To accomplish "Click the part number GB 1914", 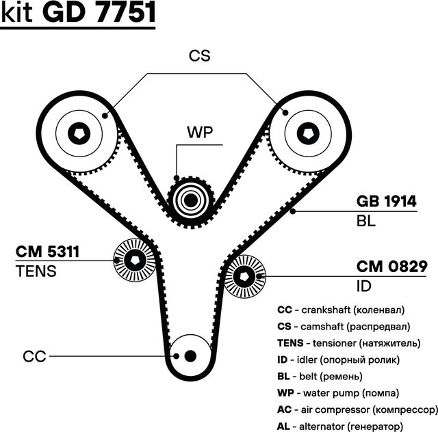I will point(385,202).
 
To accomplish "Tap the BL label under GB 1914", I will point(366,221).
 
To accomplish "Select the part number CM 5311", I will point(48,252).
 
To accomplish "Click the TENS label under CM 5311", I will point(36,271).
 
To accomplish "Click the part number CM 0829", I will point(392,267).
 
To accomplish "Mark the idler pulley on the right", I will point(244,277).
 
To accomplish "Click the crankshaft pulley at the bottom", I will point(190,355).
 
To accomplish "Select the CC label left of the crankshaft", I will point(34,356).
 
